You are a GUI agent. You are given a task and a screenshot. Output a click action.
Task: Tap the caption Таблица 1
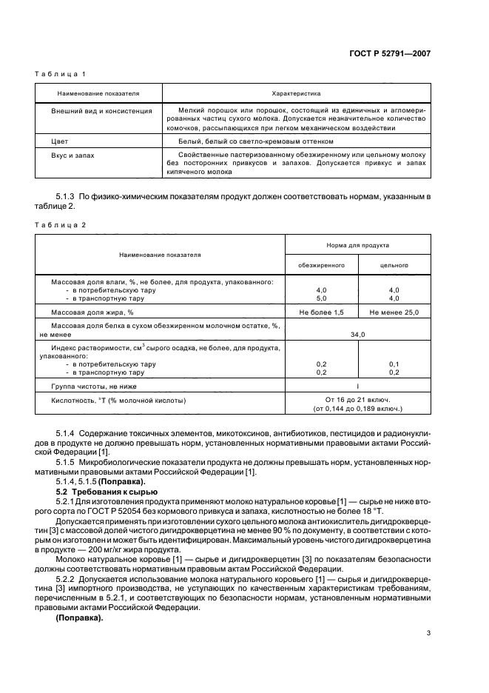click(61, 75)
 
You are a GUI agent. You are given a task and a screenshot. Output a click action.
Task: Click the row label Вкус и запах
click(72, 155)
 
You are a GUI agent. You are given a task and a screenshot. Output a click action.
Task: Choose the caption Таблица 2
click(61, 224)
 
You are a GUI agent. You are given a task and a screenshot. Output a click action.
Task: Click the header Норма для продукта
click(357, 244)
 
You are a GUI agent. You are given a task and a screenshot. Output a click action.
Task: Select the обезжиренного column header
click(321, 265)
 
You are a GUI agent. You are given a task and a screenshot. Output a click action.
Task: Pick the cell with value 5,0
click(321, 298)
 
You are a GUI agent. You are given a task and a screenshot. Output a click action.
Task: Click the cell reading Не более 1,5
click(321, 313)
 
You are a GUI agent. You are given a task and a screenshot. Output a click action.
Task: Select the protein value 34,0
click(357, 335)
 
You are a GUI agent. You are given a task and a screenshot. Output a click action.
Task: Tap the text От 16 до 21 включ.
click(357, 399)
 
